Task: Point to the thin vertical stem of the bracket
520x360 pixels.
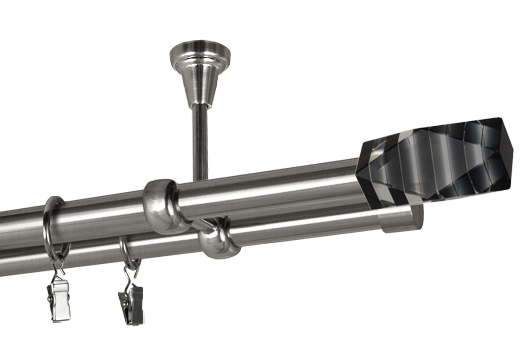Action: click(197, 140)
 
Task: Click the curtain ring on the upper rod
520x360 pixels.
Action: click(52, 225)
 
